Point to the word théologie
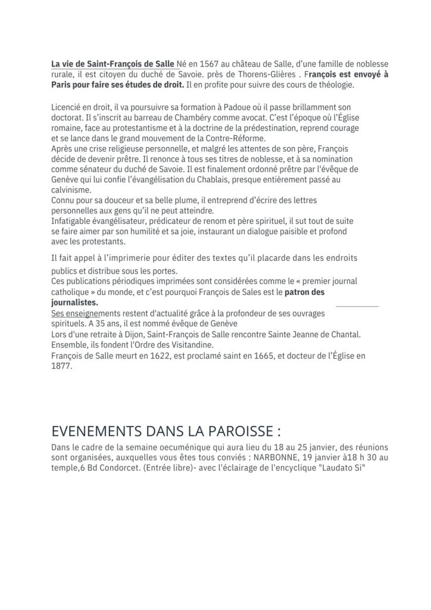tap(334, 85)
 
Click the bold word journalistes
tap(74, 302)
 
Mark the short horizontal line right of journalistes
tap(357, 305)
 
